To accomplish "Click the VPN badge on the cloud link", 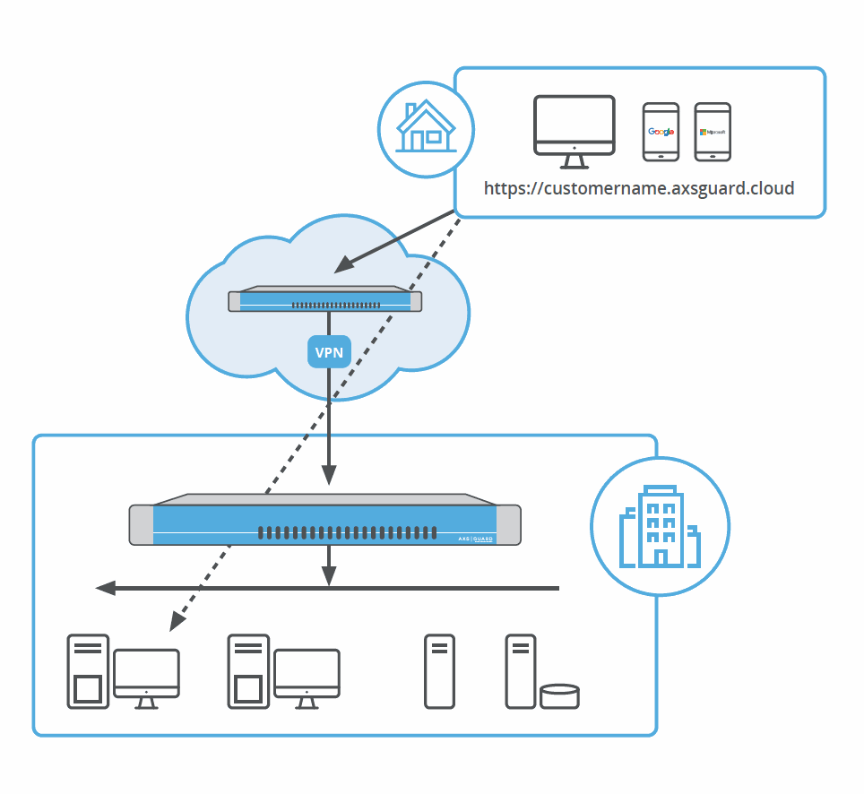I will pos(329,351).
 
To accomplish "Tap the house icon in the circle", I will pos(426,128).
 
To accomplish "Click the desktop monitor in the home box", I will pos(575,131).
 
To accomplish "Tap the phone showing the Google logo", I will pos(661,132).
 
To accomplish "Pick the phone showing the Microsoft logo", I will pos(713,132).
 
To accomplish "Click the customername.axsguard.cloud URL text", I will pos(639,189).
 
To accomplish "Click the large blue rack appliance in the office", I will pos(324,520).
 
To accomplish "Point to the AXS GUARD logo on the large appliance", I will pos(475,539).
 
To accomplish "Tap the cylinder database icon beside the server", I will pos(560,695).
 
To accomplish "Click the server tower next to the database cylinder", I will pos(520,671).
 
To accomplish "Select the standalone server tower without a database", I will pos(438,671).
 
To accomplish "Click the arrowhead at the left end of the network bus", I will pos(106,588).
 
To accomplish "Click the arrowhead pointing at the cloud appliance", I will pos(341,265).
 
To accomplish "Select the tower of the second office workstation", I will pos(248,671).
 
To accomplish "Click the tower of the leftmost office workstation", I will pos(88,671).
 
